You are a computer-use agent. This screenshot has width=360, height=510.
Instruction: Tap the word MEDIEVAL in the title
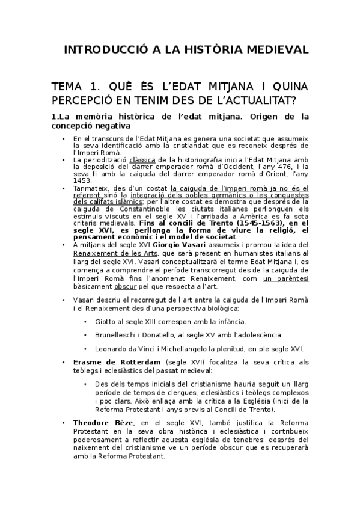pos(270,49)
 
